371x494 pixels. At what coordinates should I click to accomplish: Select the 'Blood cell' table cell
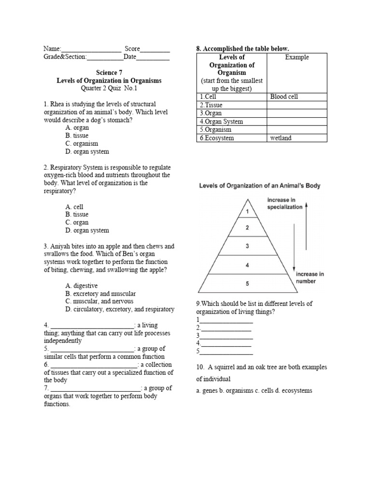click(284, 96)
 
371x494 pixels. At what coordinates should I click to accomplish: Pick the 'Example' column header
click(297, 57)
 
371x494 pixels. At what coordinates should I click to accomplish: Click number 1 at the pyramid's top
click(247, 211)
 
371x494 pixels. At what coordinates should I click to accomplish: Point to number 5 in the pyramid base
click(247, 284)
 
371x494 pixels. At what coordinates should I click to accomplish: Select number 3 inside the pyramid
click(247, 246)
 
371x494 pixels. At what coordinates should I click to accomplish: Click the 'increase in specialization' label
click(285, 203)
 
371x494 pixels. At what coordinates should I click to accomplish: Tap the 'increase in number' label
click(310, 277)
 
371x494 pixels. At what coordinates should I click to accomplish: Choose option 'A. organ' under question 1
click(77, 128)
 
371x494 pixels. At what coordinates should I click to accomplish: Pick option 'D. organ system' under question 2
click(87, 231)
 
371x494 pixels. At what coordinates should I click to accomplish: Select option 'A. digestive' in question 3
click(82, 286)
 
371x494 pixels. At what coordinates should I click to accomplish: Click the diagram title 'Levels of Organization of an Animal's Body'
click(259, 186)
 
